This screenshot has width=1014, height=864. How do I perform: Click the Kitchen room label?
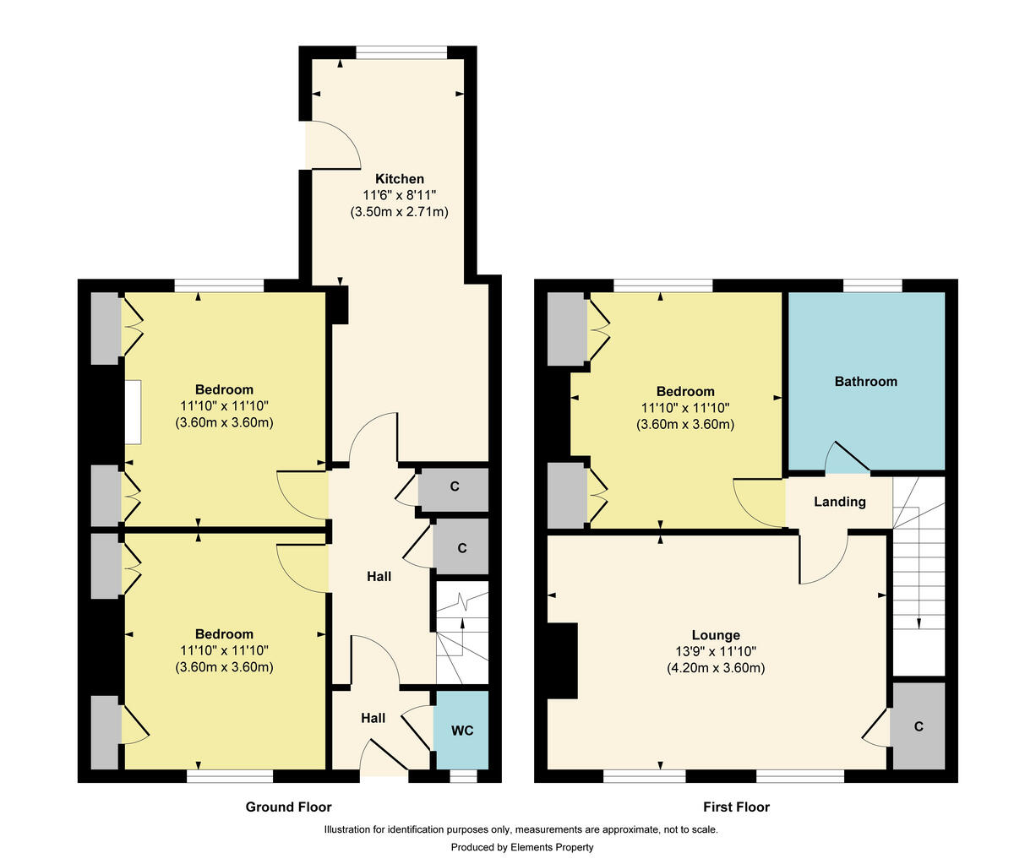pyautogui.click(x=400, y=179)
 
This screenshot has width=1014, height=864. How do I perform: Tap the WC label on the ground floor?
pyautogui.click(x=462, y=731)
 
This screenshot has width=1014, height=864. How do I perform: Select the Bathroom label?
pyautogui.click(x=865, y=382)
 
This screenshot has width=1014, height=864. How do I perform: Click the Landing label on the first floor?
pyautogui.click(x=839, y=502)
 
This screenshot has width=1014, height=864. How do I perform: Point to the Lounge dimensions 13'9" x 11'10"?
pyautogui.click(x=715, y=651)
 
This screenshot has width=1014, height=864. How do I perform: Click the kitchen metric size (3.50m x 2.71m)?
pyautogui.click(x=399, y=212)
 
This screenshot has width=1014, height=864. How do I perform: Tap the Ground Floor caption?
pyautogui.click(x=288, y=807)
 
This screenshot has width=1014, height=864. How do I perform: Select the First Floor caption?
pyautogui.click(x=736, y=807)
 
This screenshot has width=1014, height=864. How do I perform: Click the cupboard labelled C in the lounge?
pyautogui.click(x=918, y=726)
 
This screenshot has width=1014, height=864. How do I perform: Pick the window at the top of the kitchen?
pyautogui.click(x=401, y=53)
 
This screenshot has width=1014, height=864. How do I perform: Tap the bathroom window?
pyautogui.click(x=872, y=285)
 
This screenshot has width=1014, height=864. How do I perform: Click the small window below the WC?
pyautogui.click(x=462, y=776)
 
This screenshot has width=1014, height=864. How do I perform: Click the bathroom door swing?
pyautogui.click(x=845, y=456)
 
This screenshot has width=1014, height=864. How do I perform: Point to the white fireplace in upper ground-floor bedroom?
pyautogui.click(x=134, y=412)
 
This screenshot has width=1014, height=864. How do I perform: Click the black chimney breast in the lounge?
pyautogui.click(x=562, y=660)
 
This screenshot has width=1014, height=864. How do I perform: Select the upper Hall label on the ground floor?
pyautogui.click(x=379, y=577)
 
